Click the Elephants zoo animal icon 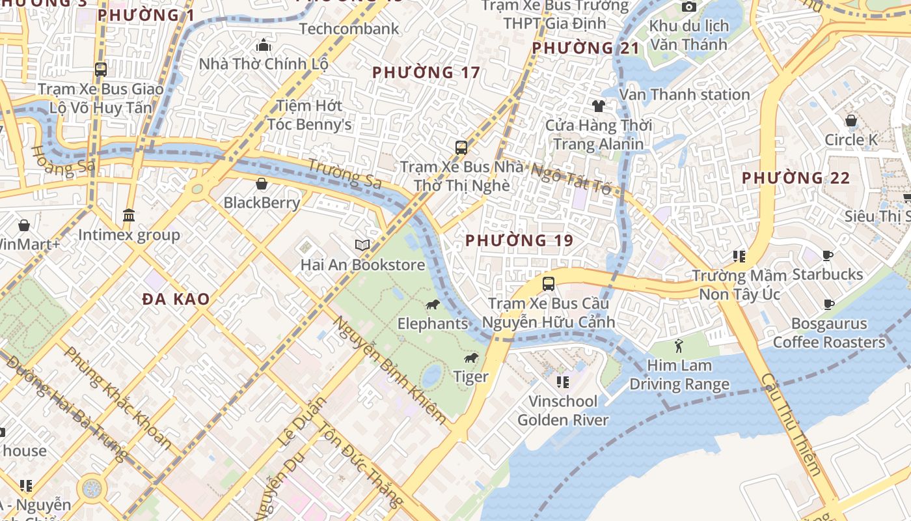[x=433, y=305]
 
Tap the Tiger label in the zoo [x=471, y=376]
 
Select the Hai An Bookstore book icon [x=362, y=246]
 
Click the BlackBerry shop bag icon [x=262, y=184]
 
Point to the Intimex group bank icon [x=129, y=215]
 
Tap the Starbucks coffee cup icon [x=828, y=255]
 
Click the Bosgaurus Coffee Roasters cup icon [x=828, y=304]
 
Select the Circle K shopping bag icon [x=850, y=120]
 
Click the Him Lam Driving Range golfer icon [x=679, y=346]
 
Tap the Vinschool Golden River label [x=563, y=410]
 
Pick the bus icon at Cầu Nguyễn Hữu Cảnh [x=549, y=284]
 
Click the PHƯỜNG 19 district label [x=519, y=240]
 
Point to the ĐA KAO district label [x=176, y=299]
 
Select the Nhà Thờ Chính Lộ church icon [x=264, y=45]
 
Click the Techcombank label [x=349, y=29]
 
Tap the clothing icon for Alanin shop [x=598, y=106]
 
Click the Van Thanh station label [x=685, y=94]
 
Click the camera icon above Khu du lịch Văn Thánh [x=688, y=7]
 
